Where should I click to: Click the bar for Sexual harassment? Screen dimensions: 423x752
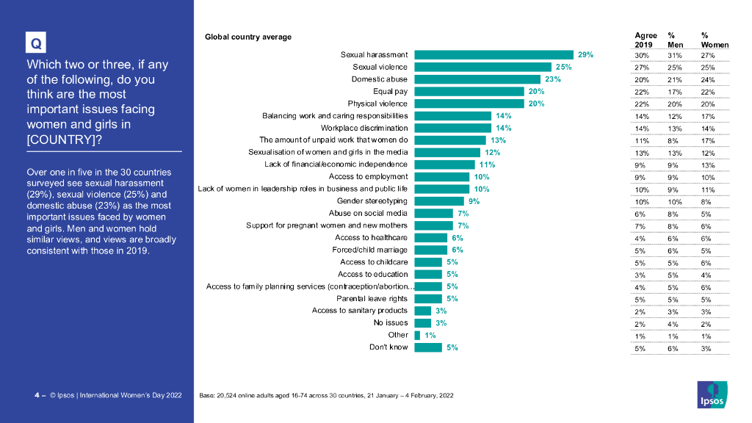[x=493, y=54]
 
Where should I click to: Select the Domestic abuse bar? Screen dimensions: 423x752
[x=477, y=79]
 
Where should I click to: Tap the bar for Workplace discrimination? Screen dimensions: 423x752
[x=452, y=128]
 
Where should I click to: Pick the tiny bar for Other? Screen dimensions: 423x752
[x=417, y=335]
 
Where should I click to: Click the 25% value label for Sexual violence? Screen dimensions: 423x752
[x=563, y=67]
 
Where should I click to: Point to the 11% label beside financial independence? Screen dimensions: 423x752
[x=487, y=164]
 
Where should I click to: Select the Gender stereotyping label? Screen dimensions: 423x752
[x=372, y=201]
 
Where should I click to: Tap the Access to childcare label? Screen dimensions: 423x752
[x=374, y=262]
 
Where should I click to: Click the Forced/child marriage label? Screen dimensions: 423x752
[x=370, y=250]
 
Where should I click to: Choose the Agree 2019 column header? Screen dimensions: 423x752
[x=646, y=40]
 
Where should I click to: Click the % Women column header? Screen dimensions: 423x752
[x=715, y=40]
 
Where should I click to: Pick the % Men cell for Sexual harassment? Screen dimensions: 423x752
[x=674, y=56]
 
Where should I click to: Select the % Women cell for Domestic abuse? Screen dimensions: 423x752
[x=708, y=80]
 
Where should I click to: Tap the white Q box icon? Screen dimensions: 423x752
[x=35, y=43]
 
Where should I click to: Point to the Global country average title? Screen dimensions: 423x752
[x=247, y=37]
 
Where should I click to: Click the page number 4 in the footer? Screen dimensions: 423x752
[x=37, y=395]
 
